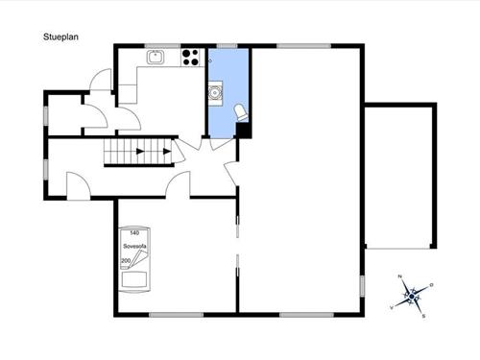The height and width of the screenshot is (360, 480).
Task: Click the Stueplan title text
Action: point(60,37)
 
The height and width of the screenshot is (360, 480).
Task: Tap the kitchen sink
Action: point(156,58)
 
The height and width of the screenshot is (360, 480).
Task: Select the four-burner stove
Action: point(190,58)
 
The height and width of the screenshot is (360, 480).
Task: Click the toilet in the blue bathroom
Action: point(241,112)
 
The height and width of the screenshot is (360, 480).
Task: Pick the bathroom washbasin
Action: point(215,93)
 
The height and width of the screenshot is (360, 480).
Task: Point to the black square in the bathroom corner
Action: point(243,131)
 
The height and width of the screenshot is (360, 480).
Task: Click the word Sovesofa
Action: point(134,247)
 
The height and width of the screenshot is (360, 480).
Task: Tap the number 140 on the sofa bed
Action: point(134,233)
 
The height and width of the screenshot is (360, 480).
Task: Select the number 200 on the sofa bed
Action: point(126,261)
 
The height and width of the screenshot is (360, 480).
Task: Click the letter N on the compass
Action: point(399,276)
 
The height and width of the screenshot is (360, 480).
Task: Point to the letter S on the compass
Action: point(423,316)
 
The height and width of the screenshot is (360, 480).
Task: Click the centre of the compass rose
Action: point(412,297)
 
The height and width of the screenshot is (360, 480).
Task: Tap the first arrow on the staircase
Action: point(140,152)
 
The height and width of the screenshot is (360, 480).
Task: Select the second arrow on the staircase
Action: point(167,152)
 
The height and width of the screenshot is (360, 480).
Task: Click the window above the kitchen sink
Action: point(162,46)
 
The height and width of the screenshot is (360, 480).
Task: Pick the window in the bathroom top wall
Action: point(228,46)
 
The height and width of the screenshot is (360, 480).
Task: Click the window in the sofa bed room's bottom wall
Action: point(176,315)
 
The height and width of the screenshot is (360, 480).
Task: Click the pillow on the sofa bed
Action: point(134,279)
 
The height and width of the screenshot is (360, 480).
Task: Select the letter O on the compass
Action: point(431,285)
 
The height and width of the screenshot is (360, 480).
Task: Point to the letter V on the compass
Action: point(392,307)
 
